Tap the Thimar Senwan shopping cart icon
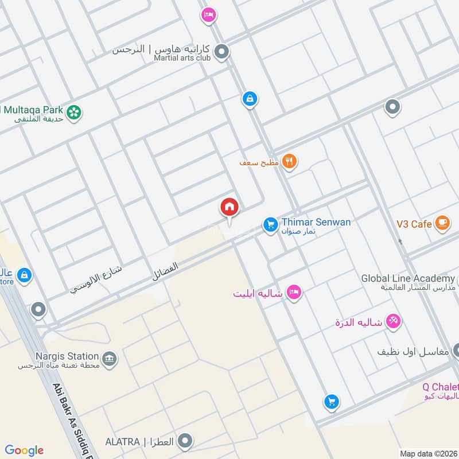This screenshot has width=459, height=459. pos(270,224)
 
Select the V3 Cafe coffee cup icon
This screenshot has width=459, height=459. pos(441,223)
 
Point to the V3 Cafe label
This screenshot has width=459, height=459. pos(414,224)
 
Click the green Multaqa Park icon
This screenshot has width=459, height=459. pos(73,112)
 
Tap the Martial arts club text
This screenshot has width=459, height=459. pos(182,57)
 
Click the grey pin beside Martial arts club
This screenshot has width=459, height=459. pos(222,53)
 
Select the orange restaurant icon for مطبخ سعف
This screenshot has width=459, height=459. pos(290,162)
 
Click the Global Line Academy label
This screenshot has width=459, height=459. pos(407,278)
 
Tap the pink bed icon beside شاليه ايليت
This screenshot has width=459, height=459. pos(294,292)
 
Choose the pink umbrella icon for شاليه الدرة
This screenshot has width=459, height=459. pos(393,322)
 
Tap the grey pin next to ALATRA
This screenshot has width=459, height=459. pos(185,441)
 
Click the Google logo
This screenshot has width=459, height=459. pos(24,450)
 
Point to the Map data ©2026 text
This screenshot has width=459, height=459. pos(427,453)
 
